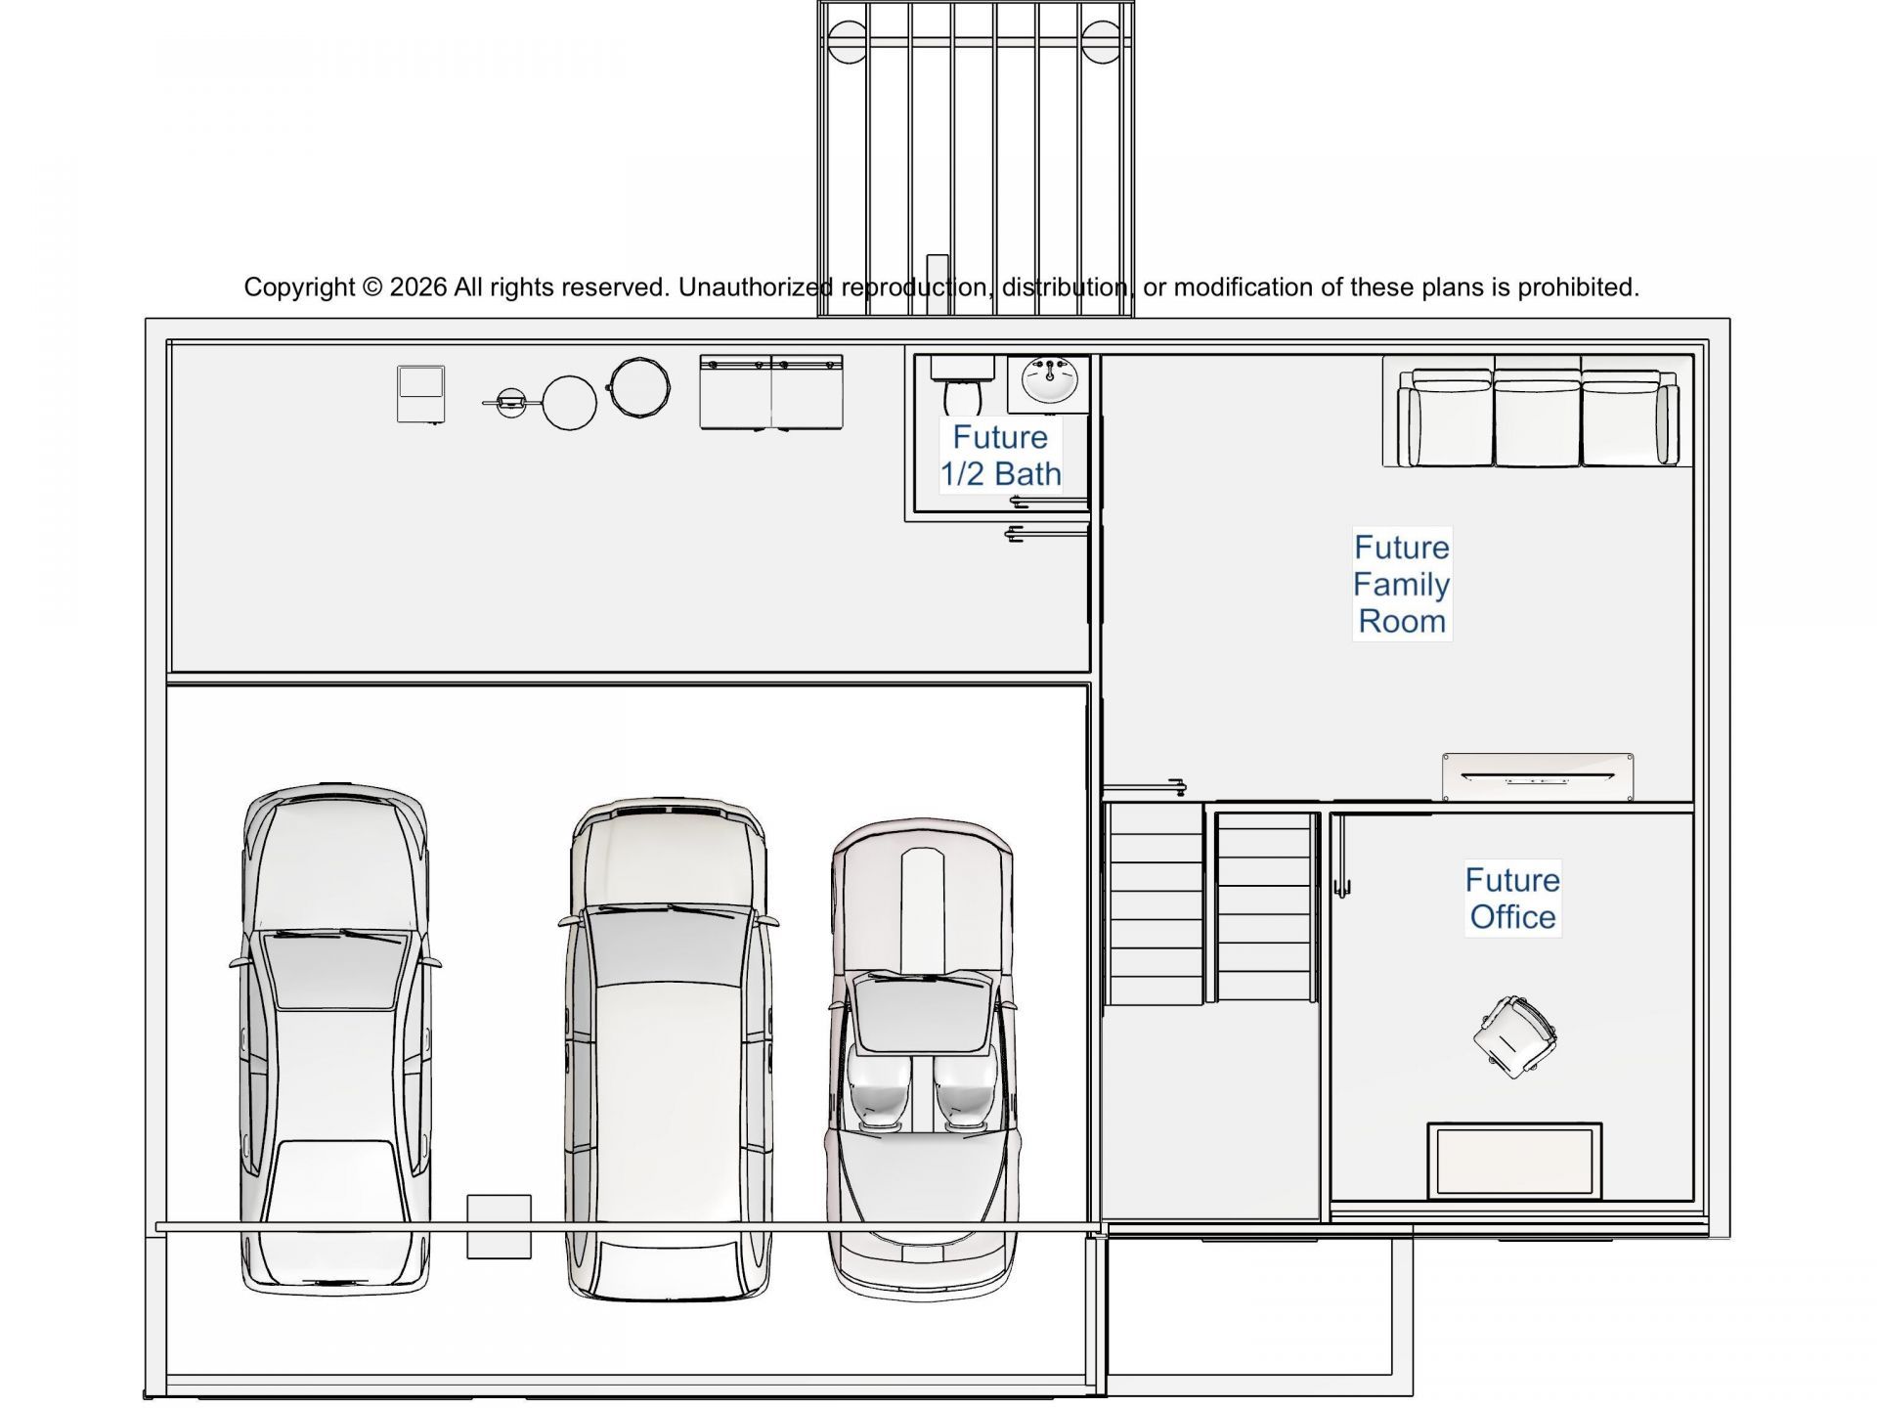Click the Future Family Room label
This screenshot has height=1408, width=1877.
click(1402, 585)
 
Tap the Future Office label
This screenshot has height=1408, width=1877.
click(1512, 899)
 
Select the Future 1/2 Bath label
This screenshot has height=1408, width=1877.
click(1000, 456)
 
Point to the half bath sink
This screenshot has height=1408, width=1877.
click(1049, 381)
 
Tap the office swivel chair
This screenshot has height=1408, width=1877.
click(1514, 1037)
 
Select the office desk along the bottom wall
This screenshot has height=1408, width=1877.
click(1514, 1162)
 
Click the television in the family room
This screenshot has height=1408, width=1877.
click(1538, 777)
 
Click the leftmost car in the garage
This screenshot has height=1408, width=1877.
click(334, 1038)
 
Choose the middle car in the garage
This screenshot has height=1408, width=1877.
click(669, 1049)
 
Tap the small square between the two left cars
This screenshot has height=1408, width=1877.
click(499, 1226)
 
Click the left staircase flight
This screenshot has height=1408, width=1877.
click(1154, 903)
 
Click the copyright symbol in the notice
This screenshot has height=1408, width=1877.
click(372, 287)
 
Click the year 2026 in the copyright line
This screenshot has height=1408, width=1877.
click(418, 287)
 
